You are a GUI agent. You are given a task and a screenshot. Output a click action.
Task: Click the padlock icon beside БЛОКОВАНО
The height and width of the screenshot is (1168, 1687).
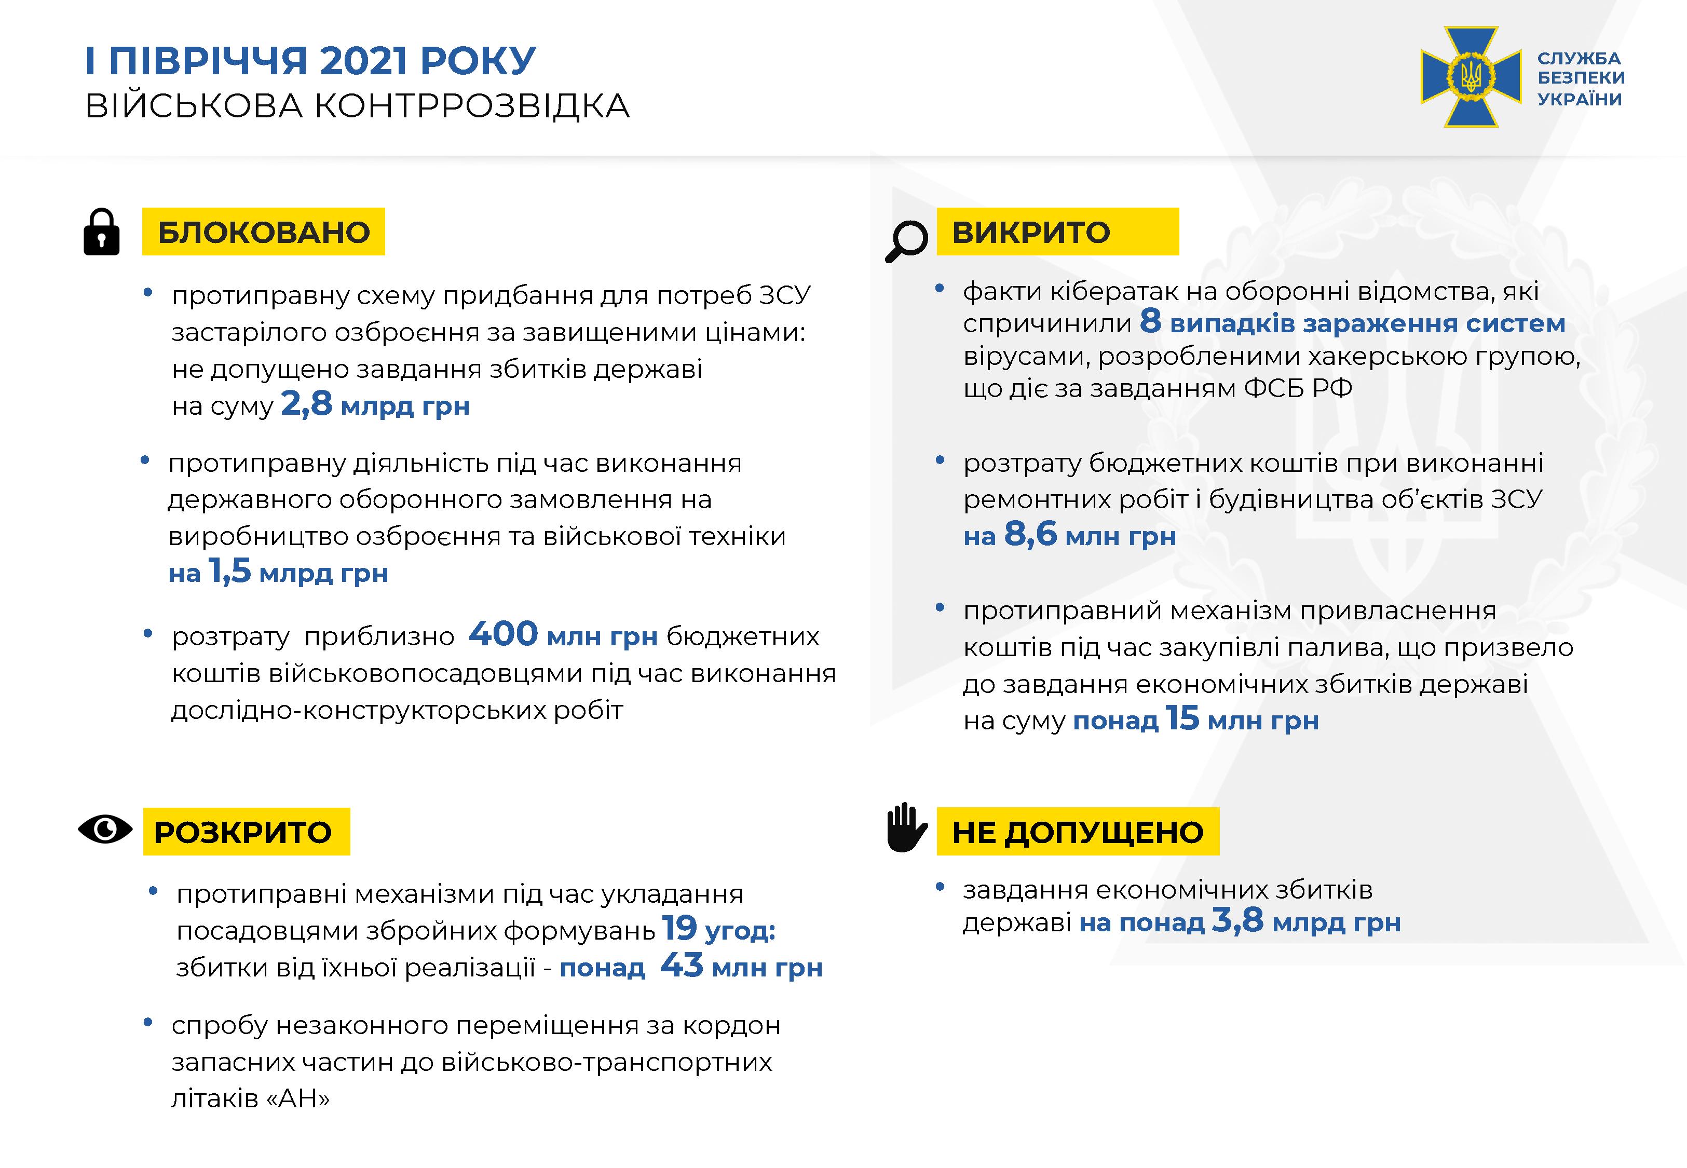coord(102,232)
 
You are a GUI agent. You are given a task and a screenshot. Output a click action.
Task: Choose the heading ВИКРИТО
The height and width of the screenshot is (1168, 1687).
coord(1031,232)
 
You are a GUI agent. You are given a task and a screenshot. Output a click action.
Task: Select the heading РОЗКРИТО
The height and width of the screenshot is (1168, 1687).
coord(243,832)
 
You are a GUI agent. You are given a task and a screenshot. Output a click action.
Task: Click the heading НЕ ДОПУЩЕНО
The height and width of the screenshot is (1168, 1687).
coord(1078,832)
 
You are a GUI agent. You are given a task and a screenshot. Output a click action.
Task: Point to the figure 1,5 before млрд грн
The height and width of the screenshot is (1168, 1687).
coord(230,571)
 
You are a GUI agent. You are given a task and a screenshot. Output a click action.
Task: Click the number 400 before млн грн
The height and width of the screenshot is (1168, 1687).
coord(504,634)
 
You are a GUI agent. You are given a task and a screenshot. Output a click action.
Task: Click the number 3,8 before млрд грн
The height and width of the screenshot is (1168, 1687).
coord(1237,920)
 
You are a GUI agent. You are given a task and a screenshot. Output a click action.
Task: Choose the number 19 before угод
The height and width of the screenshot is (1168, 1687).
coord(679,929)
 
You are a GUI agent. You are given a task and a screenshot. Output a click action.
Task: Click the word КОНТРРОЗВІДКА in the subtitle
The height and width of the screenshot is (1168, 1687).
coord(472,106)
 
